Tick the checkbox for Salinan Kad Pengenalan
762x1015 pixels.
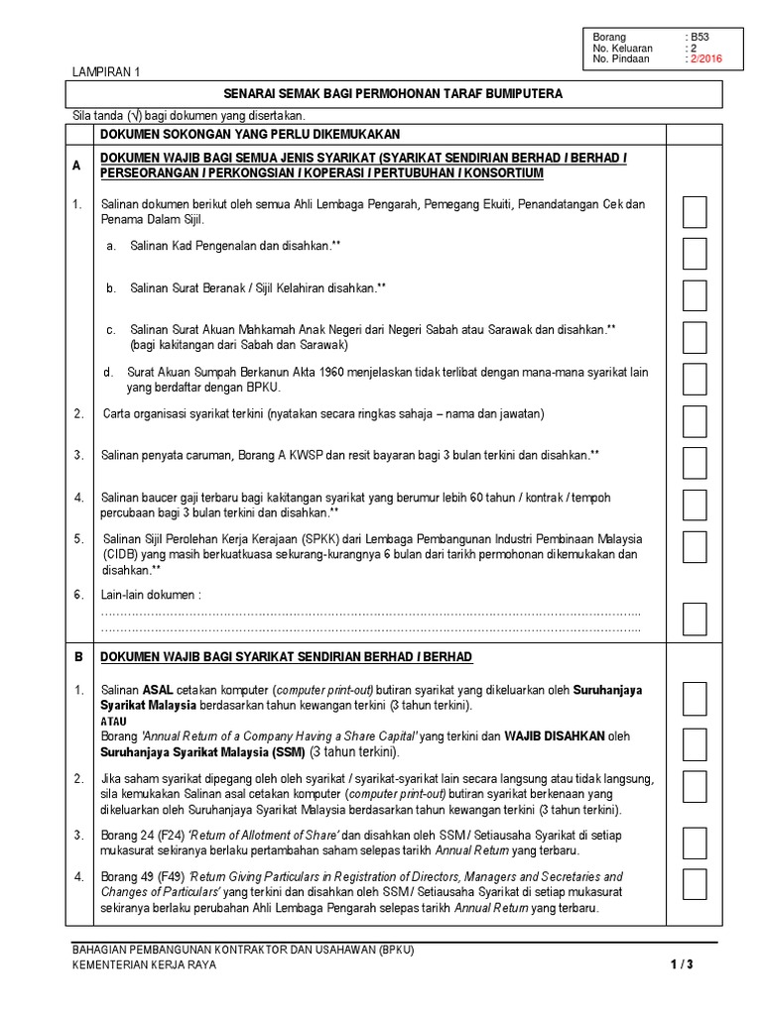coord(695,254)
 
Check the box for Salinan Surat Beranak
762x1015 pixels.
coord(695,295)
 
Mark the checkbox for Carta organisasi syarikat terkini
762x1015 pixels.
coord(695,420)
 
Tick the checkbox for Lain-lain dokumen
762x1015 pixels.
coord(695,619)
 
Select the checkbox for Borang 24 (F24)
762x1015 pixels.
coord(695,844)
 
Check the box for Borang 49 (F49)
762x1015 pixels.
coord(695,890)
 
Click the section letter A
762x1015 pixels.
coord(76,167)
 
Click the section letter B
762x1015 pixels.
coord(76,657)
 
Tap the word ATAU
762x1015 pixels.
coord(114,722)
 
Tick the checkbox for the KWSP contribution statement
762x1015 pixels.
coord(695,462)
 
